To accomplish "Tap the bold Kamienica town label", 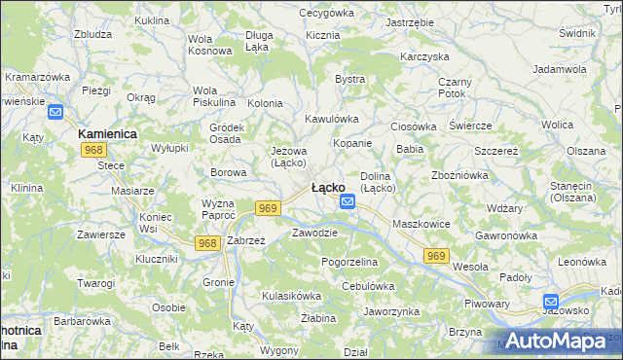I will click(x=107, y=132).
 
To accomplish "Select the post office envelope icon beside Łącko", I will click(x=348, y=201).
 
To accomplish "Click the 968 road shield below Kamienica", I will click(x=94, y=149).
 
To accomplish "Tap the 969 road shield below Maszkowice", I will click(x=436, y=255).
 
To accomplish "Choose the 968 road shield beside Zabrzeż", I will click(x=206, y=242).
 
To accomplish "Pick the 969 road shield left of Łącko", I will click(x=270, y=207).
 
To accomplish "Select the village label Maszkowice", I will click(x=421, y=224).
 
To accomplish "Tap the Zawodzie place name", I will click(x=314, y=233).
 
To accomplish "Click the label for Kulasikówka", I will click(x=291, y=295).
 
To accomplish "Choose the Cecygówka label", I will click(x=325, y=13).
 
